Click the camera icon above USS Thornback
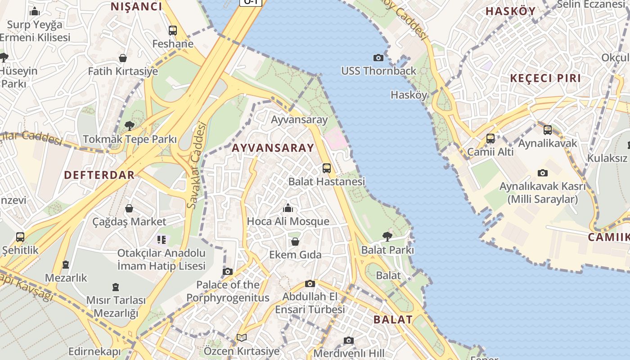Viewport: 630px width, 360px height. point(378,58)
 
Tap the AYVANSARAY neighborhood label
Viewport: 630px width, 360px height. point(273,148)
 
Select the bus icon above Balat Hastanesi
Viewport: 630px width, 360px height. point(327,168)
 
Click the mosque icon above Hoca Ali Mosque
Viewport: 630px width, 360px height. point(288,208)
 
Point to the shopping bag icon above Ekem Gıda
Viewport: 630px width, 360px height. point(295,242)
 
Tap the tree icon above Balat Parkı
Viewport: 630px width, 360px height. point(387,236)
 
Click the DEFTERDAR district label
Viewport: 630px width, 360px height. point(99,175)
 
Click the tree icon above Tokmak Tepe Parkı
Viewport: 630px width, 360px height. point(130,126)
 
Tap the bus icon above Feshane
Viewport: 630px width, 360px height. point(173,31)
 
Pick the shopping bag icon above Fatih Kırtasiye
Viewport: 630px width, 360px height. point(123,58)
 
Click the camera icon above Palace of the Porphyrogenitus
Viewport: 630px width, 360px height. point(228,271)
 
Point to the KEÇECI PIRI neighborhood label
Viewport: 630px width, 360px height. point(545,78)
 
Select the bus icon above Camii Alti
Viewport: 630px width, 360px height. point(490,139)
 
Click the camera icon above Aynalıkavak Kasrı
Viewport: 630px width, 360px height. point(543,173)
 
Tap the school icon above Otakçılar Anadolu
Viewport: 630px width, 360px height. point(162,239)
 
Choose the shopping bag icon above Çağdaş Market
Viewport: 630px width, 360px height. point(129,208)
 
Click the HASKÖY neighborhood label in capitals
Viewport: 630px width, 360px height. point(510,11)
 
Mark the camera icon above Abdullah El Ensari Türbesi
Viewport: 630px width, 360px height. point(310,283)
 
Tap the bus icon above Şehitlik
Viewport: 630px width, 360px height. point(20,237)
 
